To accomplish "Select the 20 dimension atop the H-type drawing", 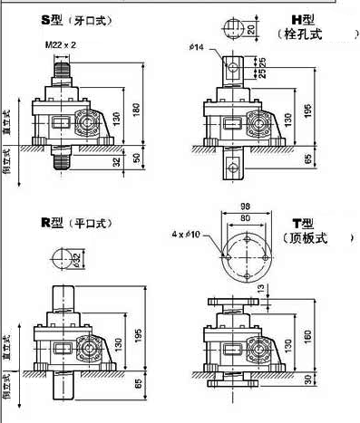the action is click(251, 30).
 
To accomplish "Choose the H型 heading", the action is click(301, 18).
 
